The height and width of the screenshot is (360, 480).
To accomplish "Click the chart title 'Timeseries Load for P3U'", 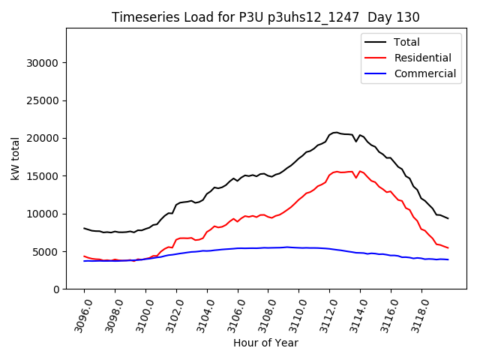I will pos(265,17).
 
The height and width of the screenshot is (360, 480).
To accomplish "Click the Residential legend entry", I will pos(422,58).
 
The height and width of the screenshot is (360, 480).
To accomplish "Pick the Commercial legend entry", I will pos(424,73).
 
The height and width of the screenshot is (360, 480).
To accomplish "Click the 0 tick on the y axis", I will pos(56,289).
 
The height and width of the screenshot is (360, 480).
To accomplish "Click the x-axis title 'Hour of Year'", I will pos(265,343).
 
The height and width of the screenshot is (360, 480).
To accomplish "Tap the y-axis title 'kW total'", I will pos(15,159).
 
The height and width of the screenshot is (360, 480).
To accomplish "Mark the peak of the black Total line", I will pos(335,132).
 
